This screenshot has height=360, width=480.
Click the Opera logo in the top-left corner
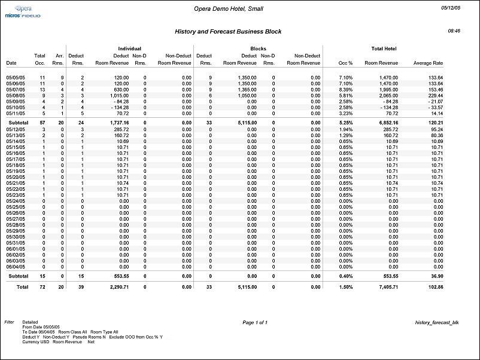coord(25,9)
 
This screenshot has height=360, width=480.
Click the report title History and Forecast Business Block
coord(228,31)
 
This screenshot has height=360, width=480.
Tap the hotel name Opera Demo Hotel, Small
coord(229,9)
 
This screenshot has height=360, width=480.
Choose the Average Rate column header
coord(428,63)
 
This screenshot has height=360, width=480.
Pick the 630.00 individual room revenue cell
coord(120,89)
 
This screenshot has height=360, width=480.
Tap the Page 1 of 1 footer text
coord(255,322)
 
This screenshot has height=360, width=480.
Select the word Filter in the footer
coord(9,322)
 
